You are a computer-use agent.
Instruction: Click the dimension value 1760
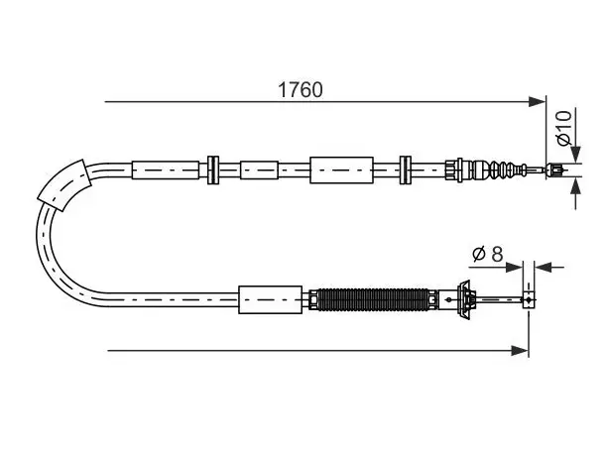[x=300, y=90]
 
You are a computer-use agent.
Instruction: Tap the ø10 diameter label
[x=564, y=128]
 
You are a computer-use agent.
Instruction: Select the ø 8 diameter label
[x=488, y=254]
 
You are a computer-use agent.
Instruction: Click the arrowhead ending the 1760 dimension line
[x=538, y=102]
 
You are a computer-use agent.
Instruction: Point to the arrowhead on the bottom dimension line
[x=520, y=351]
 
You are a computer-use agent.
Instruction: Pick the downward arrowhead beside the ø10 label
[x=576, y=155]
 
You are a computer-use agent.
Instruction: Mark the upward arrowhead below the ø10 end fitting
[x=576, y=186]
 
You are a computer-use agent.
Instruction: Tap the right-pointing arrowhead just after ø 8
[x=514, y=267]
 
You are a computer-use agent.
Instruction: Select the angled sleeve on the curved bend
[x=64, y=185]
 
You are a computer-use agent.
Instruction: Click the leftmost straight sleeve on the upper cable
[x=166, y=171]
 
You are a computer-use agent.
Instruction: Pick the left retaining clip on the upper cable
[x=213, y=171]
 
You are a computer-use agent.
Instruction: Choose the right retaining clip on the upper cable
[x=406, y=171]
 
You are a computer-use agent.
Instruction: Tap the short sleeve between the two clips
[x=260, y=171]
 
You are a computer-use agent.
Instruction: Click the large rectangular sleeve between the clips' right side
[x=341, y=171]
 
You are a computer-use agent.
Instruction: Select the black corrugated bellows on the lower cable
[x=373, y=299]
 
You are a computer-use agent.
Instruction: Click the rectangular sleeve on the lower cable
[x=270, y=299]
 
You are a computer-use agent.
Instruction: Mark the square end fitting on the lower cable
[x=529, y=299]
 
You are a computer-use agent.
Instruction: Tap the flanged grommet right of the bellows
[x=464, y=299]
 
